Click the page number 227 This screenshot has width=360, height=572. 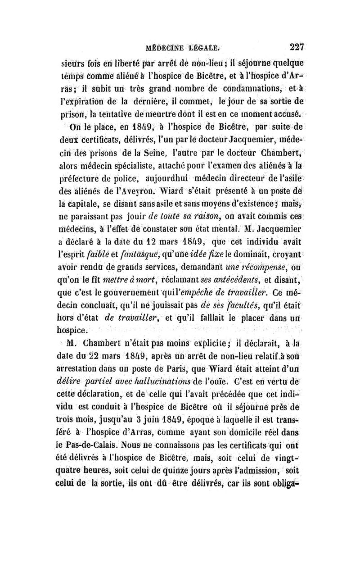point(298,46)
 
